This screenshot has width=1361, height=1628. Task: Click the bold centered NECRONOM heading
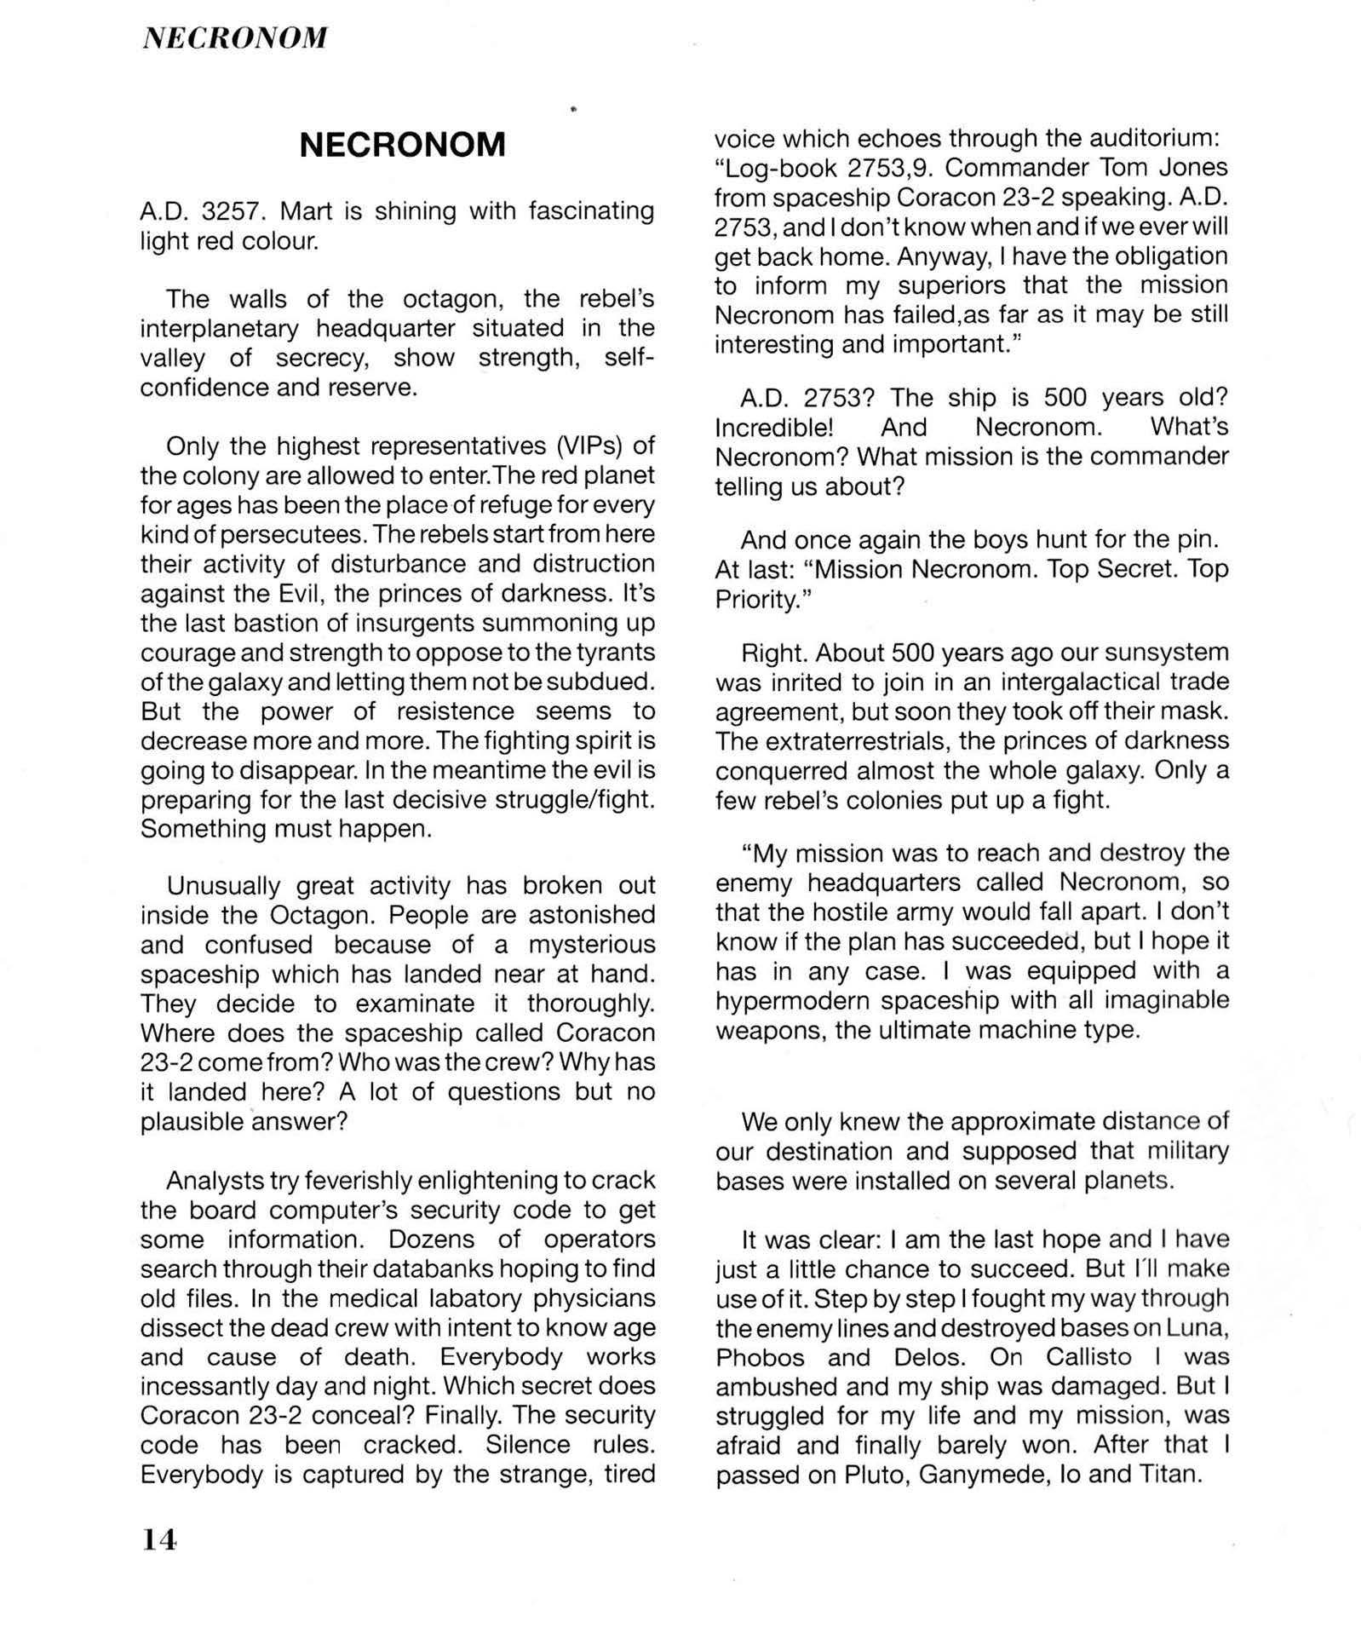click(402, 146)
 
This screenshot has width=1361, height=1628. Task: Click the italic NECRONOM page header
click(234, 37)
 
